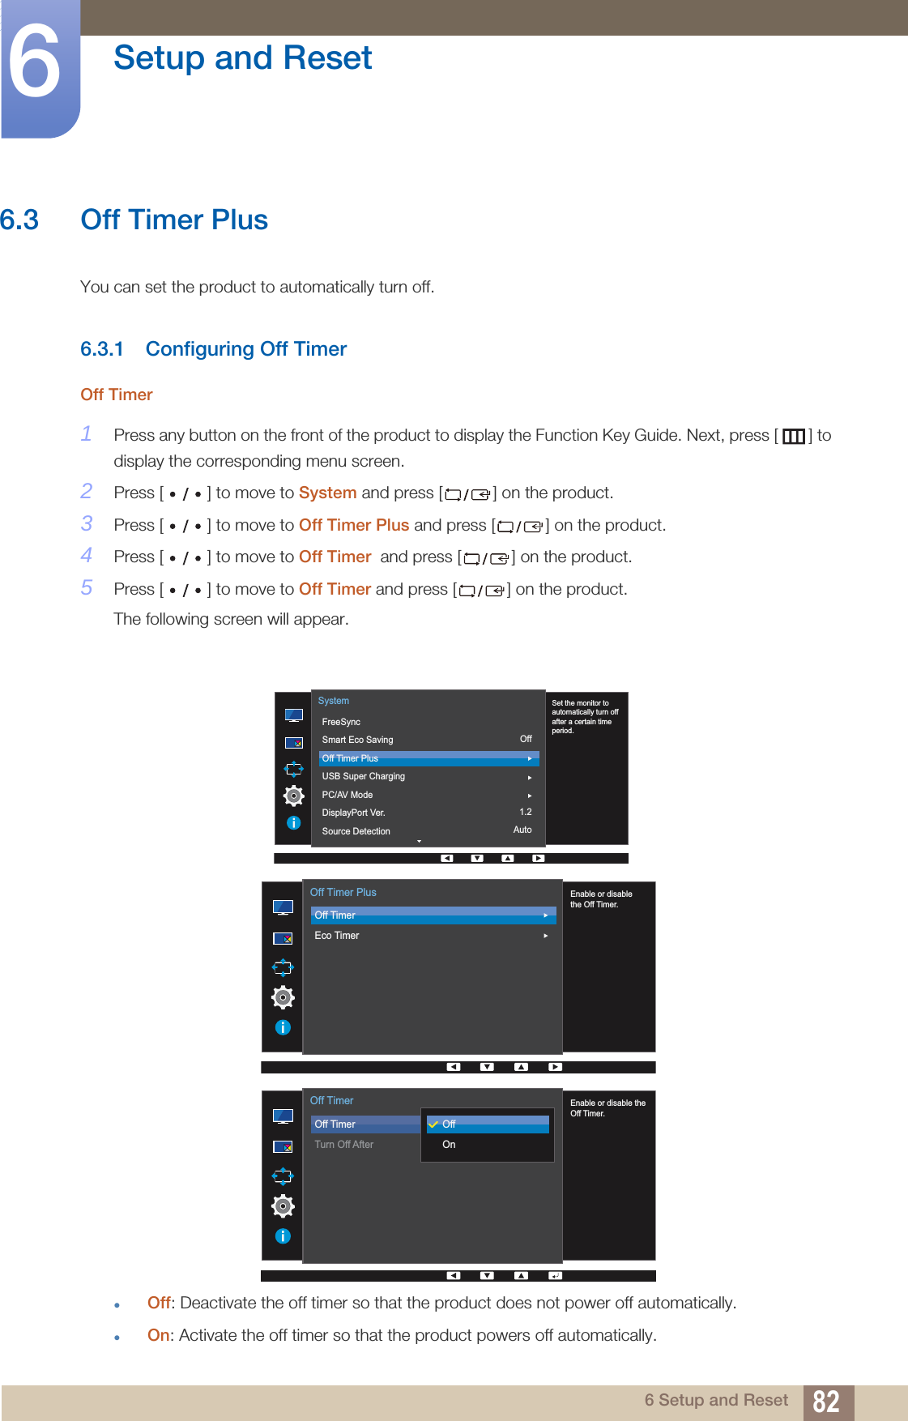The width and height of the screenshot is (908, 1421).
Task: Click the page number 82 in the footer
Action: [825, 1402]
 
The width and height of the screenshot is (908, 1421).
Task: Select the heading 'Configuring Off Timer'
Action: [245, 349]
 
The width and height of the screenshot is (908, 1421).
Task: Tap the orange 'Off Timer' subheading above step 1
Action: [117, 395]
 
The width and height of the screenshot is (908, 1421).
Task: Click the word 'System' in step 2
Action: [327, 493]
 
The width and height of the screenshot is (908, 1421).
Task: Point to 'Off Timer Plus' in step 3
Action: [354, 525]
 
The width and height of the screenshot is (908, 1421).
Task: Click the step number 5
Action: [87, 587]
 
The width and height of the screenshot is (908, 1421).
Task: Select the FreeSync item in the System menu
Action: [341, 722]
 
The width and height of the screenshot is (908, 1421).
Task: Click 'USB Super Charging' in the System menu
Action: [363, 776]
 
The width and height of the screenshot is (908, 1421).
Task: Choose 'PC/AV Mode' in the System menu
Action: [347, 795]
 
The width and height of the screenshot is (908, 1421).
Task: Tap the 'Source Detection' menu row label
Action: [356, 831]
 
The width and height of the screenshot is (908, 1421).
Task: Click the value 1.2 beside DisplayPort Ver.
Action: [526, 812]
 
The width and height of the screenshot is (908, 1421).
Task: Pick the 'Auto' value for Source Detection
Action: [522, 830]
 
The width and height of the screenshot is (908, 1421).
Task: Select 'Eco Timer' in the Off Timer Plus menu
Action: [337, 936]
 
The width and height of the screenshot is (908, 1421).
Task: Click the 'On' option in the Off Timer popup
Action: [449, 1145]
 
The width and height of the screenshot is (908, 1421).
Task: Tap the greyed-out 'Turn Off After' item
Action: [344, 1145]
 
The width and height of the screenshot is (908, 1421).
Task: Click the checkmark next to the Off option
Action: [433, 1124]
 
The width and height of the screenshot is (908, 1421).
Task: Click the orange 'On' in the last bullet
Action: [158, 1335]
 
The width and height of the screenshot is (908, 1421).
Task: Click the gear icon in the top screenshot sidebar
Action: [293, 796]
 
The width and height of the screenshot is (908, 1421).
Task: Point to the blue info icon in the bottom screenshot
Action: [283, 1235]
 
